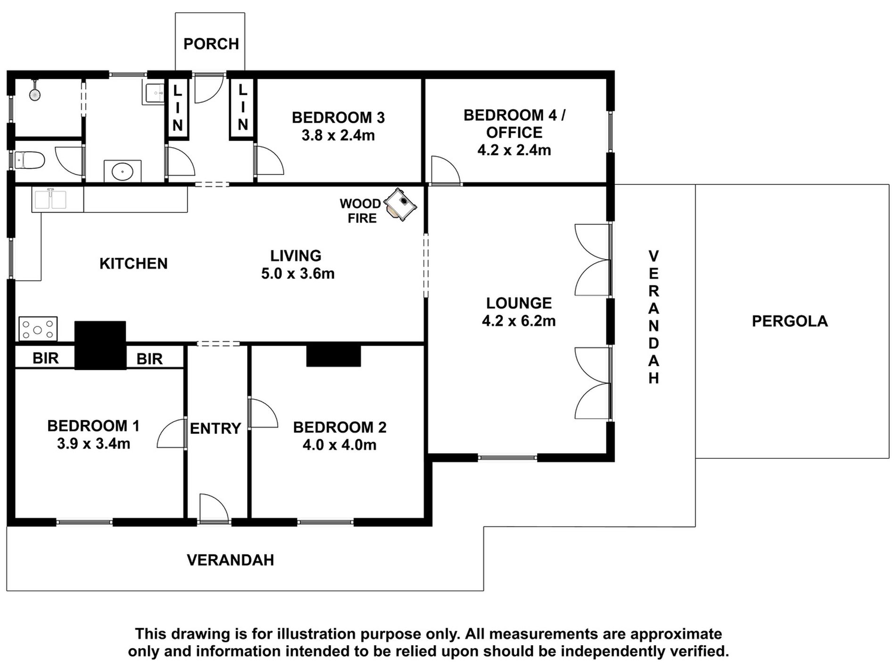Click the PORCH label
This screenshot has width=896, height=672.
211,44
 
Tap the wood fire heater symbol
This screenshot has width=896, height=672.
400,205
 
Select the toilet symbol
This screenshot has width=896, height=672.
29,161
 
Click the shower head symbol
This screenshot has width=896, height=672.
35,94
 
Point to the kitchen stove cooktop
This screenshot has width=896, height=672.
38,329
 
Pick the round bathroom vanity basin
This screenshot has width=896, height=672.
123,171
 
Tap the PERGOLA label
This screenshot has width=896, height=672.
790,321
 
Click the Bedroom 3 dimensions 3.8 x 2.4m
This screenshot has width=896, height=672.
338,135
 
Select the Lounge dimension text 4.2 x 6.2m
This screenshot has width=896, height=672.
519,321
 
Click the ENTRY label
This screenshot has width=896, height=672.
216,428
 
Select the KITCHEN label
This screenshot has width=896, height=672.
133,263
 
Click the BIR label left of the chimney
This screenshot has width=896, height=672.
46,358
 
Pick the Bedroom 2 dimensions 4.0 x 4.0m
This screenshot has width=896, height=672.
340,445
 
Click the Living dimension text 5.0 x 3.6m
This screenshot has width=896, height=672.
298,274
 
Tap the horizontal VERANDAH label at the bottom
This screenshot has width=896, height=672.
231,560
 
